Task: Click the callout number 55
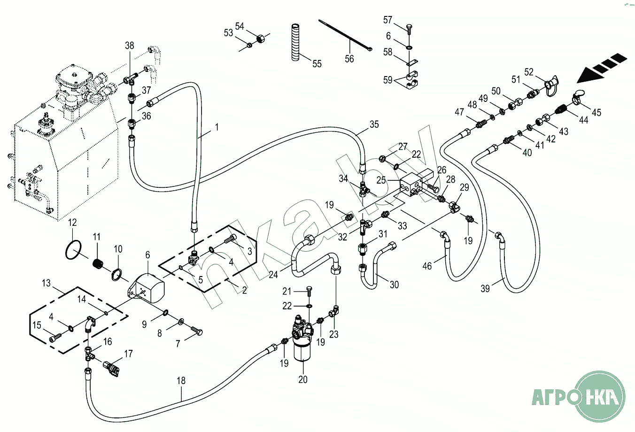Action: click(x=317, y=63)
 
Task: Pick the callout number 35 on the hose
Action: click(x=374, y=124)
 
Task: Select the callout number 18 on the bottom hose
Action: click(x=181, y=381)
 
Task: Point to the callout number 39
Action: click(x=485, y=288)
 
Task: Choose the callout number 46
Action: click(x=427, y=266)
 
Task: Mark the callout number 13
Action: click(x=46, y=283)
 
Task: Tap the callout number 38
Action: click(x=129, y=46)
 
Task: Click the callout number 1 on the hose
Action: click(x=217, y=127)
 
